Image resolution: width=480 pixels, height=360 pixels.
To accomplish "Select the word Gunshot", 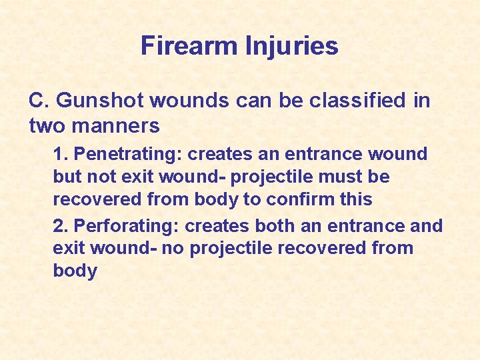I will (101, 101).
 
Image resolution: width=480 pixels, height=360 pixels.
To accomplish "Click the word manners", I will (117, 125).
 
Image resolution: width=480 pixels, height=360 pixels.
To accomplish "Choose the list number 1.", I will (59, 154).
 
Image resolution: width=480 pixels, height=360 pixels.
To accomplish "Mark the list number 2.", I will (59, 226).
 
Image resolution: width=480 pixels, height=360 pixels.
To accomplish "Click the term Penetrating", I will (127, 154).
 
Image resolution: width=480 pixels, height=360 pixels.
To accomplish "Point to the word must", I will (350, 177).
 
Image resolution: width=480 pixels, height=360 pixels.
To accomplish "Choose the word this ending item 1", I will (355, 199).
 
